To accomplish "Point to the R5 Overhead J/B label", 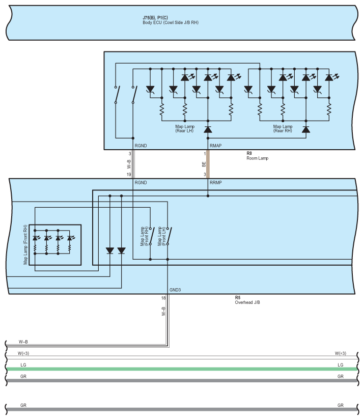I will (x=248, y=300).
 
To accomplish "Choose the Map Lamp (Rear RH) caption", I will (x=282, y=129).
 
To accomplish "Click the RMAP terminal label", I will (x=215, y=146).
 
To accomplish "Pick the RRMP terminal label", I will (x=215, y=182).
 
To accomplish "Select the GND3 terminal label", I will (x=175, y=290).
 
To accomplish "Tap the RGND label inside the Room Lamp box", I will (x=141, y=146).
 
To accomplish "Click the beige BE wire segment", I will (x=208, y=164).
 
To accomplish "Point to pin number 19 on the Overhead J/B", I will (x=129, y=175).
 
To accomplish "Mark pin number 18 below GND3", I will (x=163, y=298).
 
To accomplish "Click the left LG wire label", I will (x=23, y=365).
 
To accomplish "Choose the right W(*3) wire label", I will (x=341, y=353).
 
